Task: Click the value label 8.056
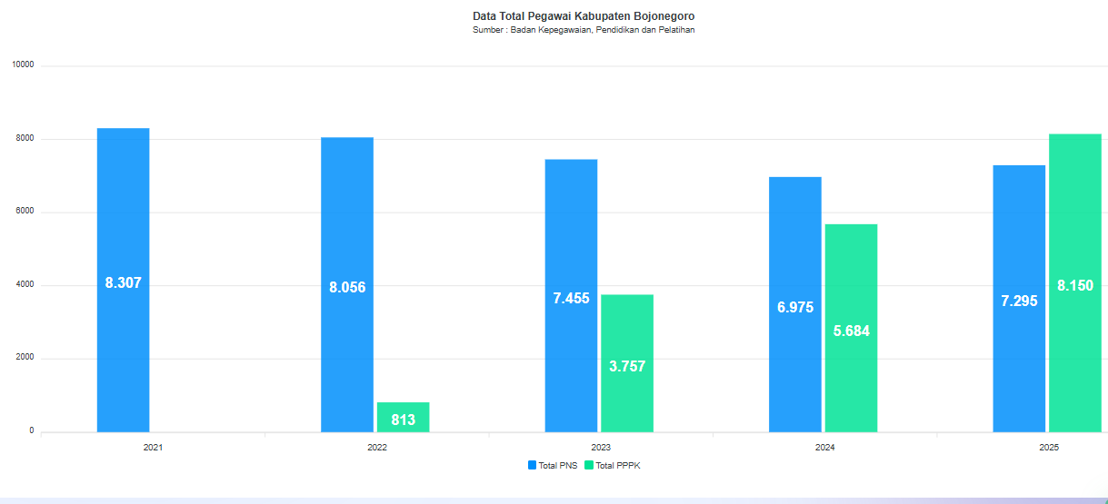click(347, 288)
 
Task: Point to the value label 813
click(403, 420)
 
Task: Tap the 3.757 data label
click(627, 367)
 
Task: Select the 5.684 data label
click(851, 331)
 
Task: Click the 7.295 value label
click(1019, 301)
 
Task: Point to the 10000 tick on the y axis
click(23, 65)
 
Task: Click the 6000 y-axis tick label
click(25, 212)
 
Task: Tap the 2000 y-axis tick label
click(25, 358)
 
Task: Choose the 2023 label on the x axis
click(601, 448)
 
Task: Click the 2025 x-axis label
click(1049, 448)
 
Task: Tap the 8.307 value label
click(123, 283)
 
